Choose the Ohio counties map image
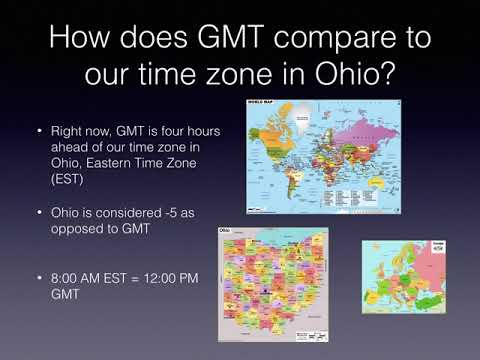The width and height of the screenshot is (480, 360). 273,284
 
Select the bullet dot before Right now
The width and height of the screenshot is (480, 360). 39,132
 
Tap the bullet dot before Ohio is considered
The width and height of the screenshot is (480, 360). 39,213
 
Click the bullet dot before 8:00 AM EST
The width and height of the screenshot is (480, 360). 39,277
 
